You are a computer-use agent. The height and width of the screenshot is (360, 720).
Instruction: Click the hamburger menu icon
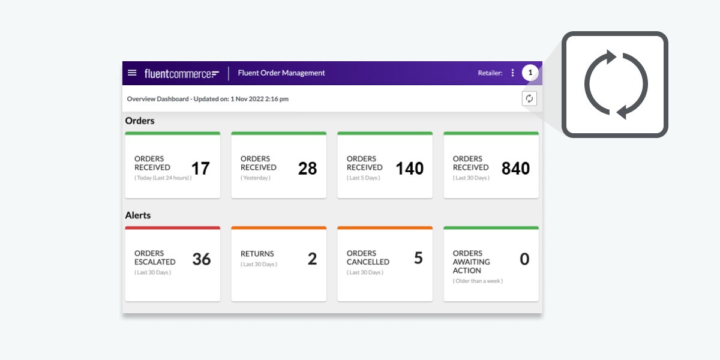coord(132,73)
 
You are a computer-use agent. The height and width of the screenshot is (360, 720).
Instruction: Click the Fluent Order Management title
coord(281,73)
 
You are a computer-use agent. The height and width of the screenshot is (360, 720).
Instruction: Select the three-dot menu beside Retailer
coord(512,73)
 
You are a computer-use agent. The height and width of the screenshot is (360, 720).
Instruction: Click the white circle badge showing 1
coord(530,73)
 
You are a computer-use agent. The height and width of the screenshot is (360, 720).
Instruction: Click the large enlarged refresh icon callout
coord(616,85)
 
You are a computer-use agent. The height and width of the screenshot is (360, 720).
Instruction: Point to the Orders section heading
coord(140,121)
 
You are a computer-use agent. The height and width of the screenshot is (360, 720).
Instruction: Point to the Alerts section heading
coord(138,215)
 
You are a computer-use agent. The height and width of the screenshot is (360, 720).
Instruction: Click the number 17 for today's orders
coord(200,169)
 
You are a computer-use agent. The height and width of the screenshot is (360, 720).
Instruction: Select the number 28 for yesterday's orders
coord(307,169)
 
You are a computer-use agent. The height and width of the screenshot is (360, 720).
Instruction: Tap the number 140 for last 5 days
coord(409,169)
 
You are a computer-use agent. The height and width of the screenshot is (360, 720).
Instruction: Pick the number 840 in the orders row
coord(515,169)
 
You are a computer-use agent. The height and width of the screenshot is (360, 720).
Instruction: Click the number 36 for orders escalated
coord(202,259)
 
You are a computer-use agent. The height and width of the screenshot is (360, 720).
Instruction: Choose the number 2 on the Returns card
coord(312,259)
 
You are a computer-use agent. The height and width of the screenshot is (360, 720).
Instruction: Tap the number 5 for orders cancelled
coord(418,258)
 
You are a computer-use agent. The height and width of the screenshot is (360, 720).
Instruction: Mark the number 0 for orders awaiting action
coord(524,259)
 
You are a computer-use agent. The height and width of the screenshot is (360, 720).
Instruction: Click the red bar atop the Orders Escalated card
coord(172,228)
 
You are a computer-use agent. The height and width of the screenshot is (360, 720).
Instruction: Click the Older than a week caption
coord(478,281)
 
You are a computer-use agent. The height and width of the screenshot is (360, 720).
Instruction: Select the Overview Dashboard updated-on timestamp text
coord(208,99)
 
